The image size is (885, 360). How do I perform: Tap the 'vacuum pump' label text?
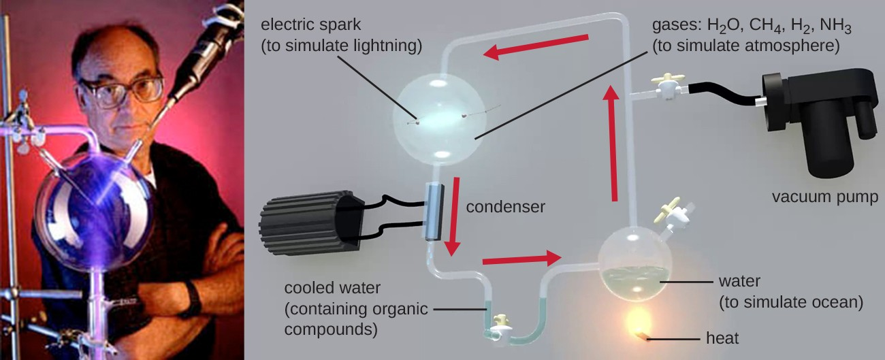[x=824, y=197]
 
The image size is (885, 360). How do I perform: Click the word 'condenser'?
[x=506, y=206]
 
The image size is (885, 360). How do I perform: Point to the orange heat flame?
[x=638, y=320]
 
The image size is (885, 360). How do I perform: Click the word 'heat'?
[x=723, y=338]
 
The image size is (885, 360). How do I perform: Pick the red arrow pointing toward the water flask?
[x=521, y=259]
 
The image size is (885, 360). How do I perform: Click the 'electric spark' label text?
[x=312, y=24]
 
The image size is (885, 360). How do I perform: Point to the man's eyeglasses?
[x=120, y=92]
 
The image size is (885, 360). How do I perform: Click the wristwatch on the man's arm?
[x=192, y=297]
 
